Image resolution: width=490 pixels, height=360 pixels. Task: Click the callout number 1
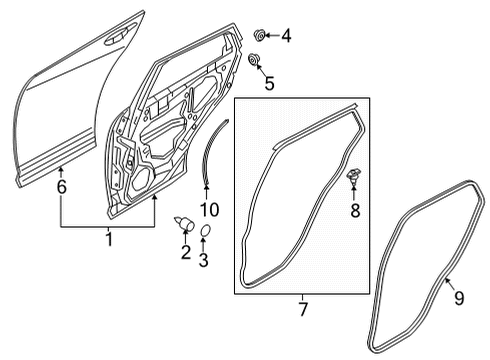(x=109, y=240)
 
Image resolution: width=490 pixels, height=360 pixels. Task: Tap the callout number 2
(x=186, y=252)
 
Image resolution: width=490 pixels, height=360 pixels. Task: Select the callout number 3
(x=203, y=260)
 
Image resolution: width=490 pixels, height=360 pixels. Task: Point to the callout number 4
(x=286, y=36)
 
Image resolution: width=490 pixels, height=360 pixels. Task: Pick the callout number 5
(x=269, y=83)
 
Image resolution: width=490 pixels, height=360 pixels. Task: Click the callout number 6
(x=62, y=187)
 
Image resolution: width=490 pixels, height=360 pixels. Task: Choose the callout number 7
(x=303, y=309)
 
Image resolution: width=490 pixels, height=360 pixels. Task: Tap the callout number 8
(x=355, y=210)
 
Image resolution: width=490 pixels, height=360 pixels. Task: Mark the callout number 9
(x=459, y=298)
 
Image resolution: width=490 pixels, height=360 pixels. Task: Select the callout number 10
(x=210, y=209)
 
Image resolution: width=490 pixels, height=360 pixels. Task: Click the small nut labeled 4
(x=259, y=35)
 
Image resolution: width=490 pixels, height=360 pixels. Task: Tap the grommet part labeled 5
(x=254, y=60)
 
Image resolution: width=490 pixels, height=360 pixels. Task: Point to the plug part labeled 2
(x=185, y=223)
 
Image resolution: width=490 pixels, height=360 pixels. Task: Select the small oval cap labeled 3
(x=205, y=230)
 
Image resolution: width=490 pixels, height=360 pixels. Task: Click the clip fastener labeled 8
(x=354, y=176)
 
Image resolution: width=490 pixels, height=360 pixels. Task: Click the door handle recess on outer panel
(x=117, y=37)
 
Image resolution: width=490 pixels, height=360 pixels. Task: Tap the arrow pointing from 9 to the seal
(x=449, y=283)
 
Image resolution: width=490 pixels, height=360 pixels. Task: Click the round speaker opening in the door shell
(x=141, y=180)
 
